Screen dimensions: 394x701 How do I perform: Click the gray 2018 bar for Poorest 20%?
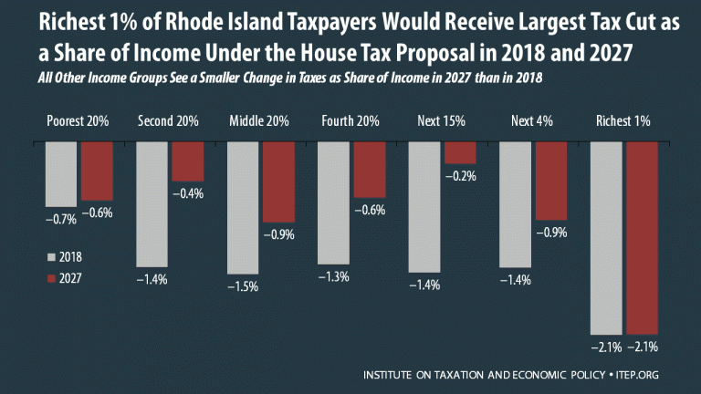tap(60, 173)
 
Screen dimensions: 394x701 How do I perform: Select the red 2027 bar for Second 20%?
tap(187, 161)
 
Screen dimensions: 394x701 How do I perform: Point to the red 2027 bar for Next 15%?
tap(460, 152)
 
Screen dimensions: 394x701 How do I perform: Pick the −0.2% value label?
tap(462, 177)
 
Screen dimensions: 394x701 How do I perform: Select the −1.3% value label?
tap(334, 277)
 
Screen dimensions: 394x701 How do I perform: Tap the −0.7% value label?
tap(61, 218)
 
